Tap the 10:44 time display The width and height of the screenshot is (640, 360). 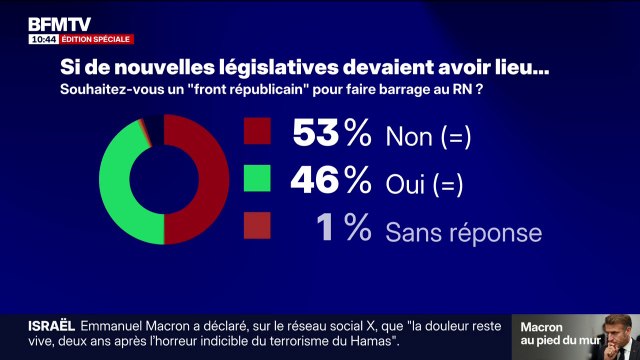click(42, 39)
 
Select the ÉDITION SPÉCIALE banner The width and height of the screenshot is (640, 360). click(96, 39)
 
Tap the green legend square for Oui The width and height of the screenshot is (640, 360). click(257, 180)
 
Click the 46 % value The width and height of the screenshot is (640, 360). click(330, 180)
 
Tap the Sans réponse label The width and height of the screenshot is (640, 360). click(464, 232)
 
